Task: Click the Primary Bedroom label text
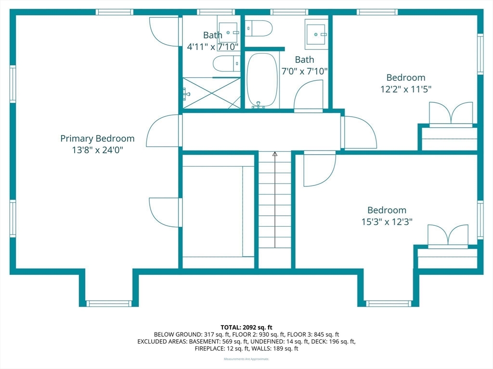(97, 138)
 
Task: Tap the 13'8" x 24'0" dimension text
(97, 150)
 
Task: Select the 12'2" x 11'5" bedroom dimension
(405, 89)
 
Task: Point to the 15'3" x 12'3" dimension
(387, 222)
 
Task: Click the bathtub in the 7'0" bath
(262, 81)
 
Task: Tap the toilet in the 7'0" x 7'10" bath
(258, 28)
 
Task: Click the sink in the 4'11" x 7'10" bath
(228, 32)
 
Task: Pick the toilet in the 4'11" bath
(227, 64)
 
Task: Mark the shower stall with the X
(212, 93)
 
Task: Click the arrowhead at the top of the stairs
(275, 154)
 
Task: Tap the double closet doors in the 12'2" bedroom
(451, 113)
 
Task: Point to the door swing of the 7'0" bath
(309, 95)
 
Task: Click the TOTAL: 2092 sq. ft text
(246, 328)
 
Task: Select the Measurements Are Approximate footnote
(246, 359)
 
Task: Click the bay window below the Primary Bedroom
(109, 304)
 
